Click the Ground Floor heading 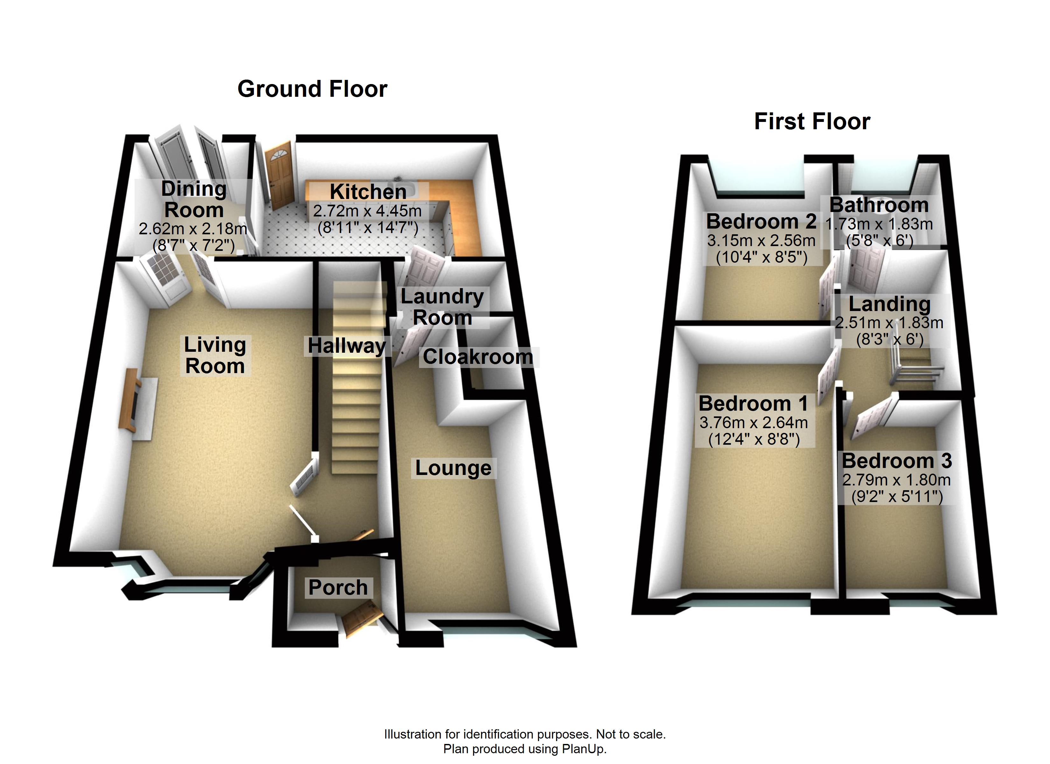coord(312,89)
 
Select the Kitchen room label coord(368,191)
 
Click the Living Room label coord(215,355)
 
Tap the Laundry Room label coord(442,307)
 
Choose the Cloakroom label coord(478,357)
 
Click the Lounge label coord(453,468)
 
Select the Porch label coord(338,587)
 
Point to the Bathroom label coord(879,205)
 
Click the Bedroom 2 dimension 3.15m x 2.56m coord(761,240)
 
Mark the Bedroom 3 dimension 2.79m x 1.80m coord(896,480)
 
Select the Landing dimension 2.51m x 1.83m coord(889,322)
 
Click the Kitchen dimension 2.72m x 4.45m coord(367,211)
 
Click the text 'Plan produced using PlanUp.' coord(525,749)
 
